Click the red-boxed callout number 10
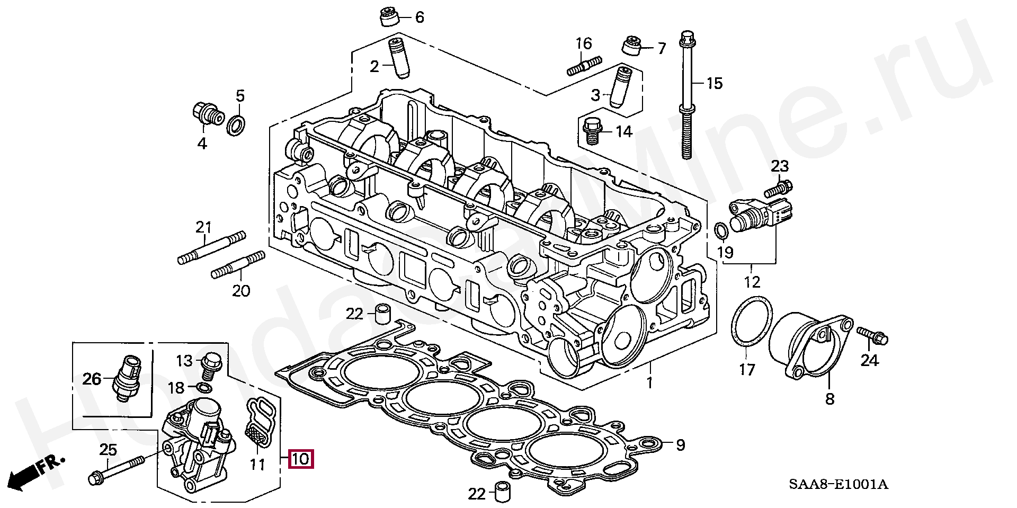[x=300, y=459]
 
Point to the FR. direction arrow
[x=37, y=471]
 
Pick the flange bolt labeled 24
[x=872, y=336]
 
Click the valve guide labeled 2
[x=397, y=57]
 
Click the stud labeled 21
[x=211, y=249]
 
